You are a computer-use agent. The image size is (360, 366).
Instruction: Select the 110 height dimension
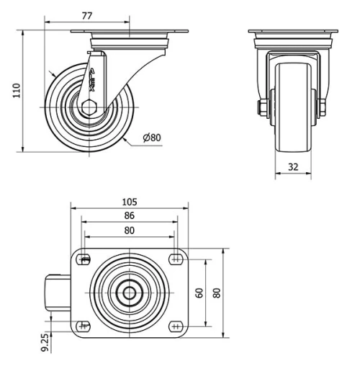[x=17, y=90]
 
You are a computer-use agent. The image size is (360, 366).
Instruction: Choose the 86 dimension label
[x=130, y=215]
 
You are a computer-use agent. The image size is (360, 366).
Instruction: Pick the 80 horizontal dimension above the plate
[x=130, y=230]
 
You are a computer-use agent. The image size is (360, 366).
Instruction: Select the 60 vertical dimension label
[x=199, y=293]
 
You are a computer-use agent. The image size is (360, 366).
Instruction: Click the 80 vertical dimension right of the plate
[x=216, y=293]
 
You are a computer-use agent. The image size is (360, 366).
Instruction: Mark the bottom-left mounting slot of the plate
[x=84, y=326]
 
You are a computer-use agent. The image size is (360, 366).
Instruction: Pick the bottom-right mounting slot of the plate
[x=176, y=326]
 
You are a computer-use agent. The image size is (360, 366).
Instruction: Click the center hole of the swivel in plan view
[x=130, y=293]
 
